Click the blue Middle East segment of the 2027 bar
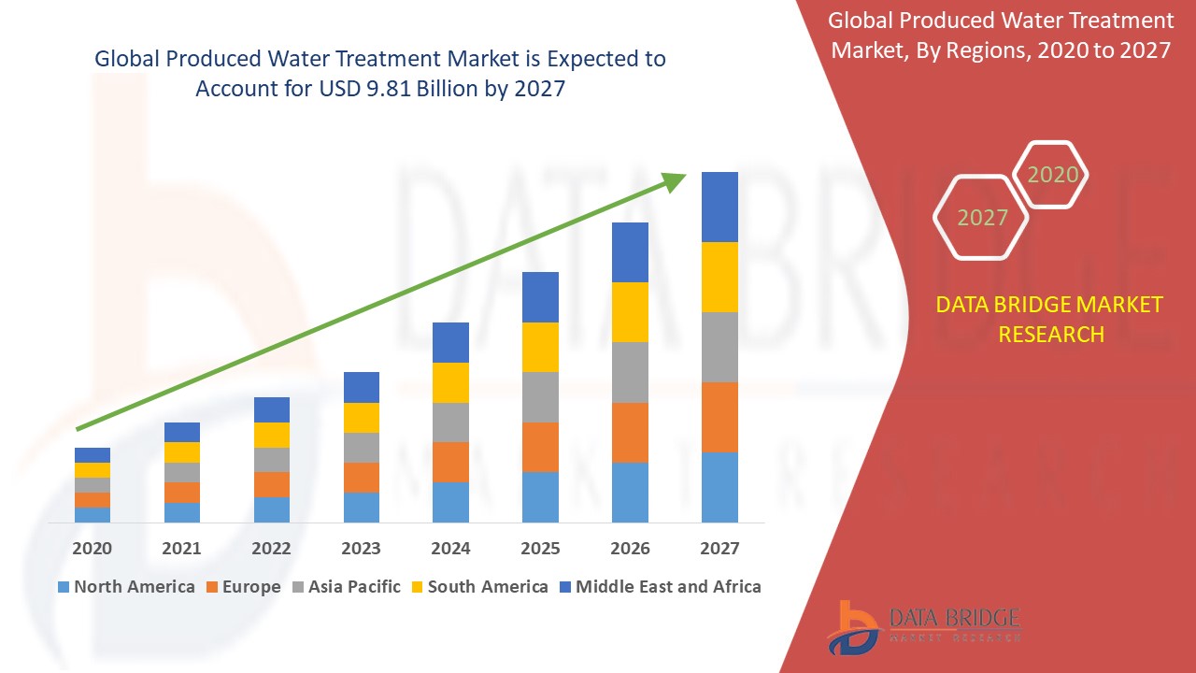pos(719,207)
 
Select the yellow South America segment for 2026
pos(630,311)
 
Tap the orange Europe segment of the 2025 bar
pos(540,447)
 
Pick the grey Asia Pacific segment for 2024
pos(450,422)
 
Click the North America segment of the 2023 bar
pos(362,507)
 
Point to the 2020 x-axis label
pos(93,549)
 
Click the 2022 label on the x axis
pos(272,549)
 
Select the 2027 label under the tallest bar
pos(719,549)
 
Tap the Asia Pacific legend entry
pos(347,587)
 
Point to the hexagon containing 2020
pos(1052,175)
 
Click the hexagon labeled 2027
pos(982,218)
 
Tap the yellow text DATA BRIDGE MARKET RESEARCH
pos(1050,319)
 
